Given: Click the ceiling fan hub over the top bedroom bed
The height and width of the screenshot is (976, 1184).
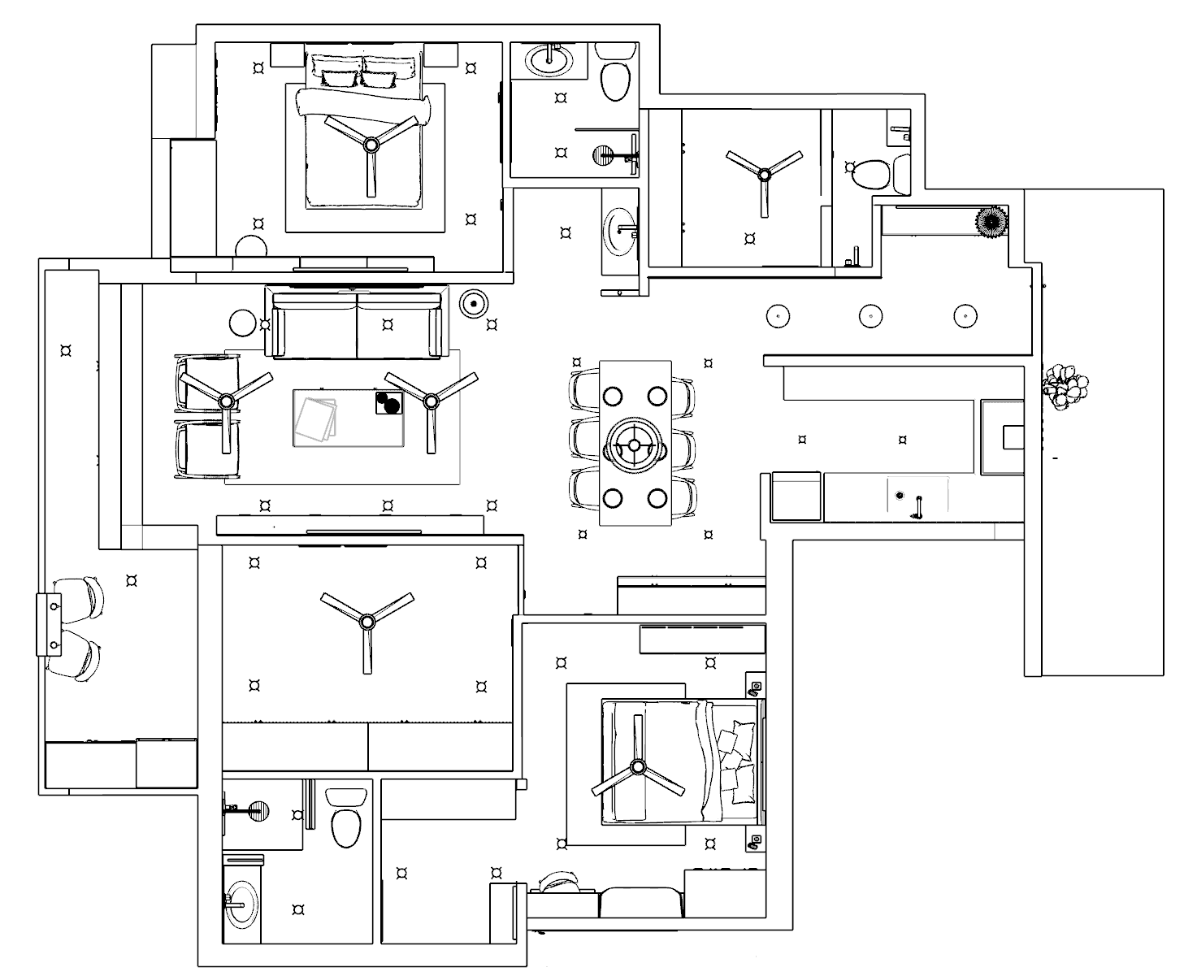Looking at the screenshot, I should point(371,145).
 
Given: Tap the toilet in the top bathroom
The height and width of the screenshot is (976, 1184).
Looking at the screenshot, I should point(614,80).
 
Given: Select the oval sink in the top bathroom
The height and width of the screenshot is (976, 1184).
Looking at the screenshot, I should point(550,59).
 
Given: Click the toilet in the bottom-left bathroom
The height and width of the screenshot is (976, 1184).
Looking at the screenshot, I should point(345,825).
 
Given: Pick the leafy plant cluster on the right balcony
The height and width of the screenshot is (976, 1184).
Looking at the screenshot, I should point(1065,388).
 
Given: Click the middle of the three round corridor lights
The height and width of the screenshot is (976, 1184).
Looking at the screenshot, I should point(870,314).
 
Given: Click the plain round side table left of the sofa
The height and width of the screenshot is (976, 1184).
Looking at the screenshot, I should point(242,323).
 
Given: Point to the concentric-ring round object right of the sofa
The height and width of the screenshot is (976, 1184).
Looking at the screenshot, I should point(474,303).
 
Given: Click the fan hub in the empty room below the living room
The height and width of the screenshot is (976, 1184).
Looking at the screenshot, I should point(366,622).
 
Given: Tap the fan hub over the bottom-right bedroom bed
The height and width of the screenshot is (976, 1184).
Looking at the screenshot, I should point(638,766).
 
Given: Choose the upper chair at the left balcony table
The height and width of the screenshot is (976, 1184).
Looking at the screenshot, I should point(82,597).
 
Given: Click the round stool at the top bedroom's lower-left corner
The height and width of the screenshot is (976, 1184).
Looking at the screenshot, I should point(251,246).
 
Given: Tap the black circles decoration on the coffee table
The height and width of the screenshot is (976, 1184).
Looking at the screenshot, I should point(389,403).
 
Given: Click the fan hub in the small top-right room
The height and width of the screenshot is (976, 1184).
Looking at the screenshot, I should point(763,173).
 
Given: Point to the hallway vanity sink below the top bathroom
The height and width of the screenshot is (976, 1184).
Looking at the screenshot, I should point(621,228).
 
